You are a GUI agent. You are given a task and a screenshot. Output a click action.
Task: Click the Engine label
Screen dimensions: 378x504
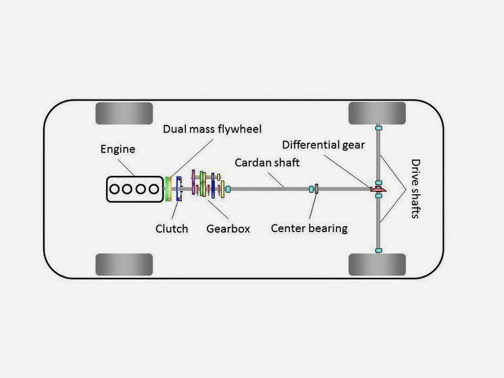coord(118,149)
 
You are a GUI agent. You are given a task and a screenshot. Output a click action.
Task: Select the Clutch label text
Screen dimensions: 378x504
coord(171,229)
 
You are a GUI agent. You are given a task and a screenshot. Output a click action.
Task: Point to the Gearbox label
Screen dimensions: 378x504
coord(228,229)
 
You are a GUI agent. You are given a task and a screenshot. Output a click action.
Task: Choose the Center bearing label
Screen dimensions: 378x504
coord(309,229)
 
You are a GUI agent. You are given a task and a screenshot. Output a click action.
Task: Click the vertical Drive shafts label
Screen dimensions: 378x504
coord(415,188)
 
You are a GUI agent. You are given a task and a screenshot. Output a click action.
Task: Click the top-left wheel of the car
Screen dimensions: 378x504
coord(124,113)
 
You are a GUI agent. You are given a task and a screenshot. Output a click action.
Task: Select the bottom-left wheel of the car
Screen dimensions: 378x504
coord(124,264)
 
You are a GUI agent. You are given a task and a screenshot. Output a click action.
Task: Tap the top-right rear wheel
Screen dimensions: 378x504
coord(377,113)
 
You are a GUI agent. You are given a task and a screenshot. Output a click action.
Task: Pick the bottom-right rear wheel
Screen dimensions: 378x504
coord(377,264)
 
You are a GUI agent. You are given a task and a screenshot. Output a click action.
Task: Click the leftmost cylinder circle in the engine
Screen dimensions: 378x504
coord(115,190)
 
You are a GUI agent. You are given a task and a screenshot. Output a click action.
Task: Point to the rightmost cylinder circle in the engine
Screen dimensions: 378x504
coord(153,190)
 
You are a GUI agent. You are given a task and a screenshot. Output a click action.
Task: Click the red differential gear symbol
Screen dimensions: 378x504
coord(378,190)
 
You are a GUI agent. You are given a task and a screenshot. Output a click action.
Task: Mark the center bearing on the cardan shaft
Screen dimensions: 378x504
coord(315,189)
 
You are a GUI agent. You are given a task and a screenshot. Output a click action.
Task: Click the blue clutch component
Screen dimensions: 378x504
coord(178,190)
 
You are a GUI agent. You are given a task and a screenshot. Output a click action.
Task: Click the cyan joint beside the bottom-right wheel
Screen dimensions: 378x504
coord(378,250)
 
